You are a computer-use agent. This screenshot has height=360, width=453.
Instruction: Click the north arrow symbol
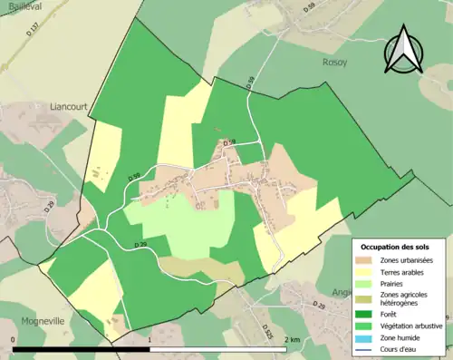click(x=402, y=50)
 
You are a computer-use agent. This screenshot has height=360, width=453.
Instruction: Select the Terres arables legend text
click(x=407, y=273)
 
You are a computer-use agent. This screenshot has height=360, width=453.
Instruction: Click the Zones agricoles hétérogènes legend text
click(x=405, y=299)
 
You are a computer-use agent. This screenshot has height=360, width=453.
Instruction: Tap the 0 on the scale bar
click(x=14, y=339)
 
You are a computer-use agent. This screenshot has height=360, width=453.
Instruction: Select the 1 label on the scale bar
click(x=149, y=339)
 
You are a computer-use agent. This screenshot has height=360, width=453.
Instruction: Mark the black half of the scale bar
click(x=82, y=349)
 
